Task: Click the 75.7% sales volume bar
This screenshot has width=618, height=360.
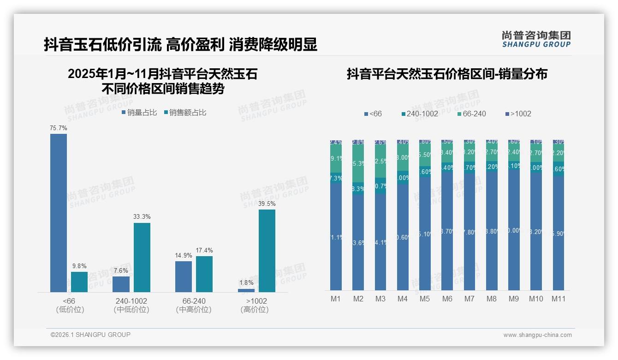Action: [59, 213]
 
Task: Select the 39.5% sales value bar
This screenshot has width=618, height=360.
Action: [267, 251]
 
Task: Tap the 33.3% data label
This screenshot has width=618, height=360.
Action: [142, 216]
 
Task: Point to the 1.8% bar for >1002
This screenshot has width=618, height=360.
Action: [246, 290]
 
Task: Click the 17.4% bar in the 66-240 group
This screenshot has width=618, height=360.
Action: [204, 274]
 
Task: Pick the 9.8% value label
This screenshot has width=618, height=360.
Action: [79, 266]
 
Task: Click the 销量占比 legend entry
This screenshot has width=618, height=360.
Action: [139, 112]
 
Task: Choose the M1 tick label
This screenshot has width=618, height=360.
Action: [336, 299]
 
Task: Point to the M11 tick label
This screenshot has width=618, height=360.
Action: [559, 299]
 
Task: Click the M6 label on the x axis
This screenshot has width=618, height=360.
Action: [447, 299]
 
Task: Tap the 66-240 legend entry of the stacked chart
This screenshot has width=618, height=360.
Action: [471, 114]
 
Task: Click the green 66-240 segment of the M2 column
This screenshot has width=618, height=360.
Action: [358, 164]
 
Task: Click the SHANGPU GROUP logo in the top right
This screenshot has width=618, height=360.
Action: [536, 39]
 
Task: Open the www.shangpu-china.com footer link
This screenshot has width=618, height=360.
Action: [537, 335]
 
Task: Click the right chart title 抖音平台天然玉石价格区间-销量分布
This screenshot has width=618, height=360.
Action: [447, 74]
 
